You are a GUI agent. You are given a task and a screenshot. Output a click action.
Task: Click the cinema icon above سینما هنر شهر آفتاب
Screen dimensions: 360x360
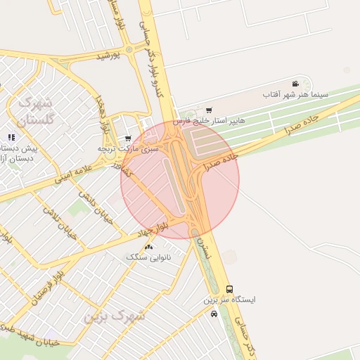[x=295, y=84]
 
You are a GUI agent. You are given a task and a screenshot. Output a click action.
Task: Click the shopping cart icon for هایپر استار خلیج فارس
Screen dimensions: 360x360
[x=209, y=110]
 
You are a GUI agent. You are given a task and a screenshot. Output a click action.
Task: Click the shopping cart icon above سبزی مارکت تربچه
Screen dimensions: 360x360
[x=127, y=138]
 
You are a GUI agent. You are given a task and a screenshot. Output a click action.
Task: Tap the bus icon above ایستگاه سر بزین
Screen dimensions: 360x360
[x=230, y=289]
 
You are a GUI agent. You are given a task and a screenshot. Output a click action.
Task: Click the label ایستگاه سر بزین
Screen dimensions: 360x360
[x=230, y=300]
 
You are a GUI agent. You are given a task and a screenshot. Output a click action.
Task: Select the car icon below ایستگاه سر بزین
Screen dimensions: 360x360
[x=214, y=314]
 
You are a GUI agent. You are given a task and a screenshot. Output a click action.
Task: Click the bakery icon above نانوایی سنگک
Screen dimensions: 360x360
[x=148, y=247]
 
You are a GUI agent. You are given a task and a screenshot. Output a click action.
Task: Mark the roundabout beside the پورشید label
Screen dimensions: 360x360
[x=129, y=50]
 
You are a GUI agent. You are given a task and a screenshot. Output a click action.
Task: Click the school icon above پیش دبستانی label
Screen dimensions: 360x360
[x=11, y=138]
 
